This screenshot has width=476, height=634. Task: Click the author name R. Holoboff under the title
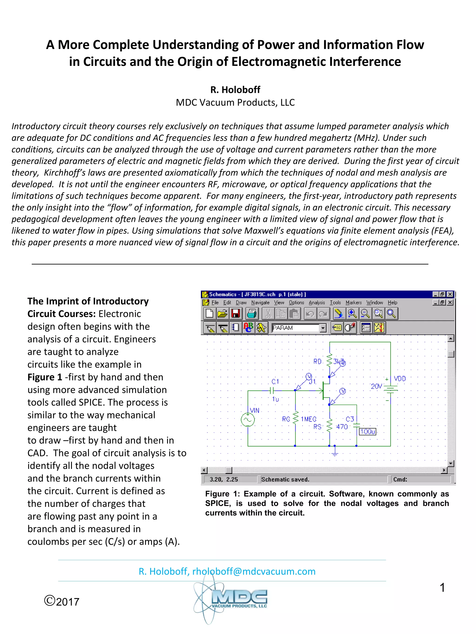[235, 90]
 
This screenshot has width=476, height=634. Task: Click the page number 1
[442, 587]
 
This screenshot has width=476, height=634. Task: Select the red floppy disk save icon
[236, 314]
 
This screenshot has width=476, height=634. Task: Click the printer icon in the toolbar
[252, 314]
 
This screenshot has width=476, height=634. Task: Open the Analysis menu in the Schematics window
[317, 302]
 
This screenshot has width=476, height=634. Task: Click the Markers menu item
[353, 302]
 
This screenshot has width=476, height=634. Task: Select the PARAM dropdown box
[298, 328]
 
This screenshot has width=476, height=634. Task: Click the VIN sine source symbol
[248, 420]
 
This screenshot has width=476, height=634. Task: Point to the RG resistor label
[286, 419]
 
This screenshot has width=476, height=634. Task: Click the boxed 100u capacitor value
[367, 431]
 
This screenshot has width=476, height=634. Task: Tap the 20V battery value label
[376, 386]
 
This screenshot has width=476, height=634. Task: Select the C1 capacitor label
[275, 381]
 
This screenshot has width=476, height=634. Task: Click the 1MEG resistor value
[308, 419]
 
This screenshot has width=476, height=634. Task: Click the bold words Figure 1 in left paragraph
[45, 377]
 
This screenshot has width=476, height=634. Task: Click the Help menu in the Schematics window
[392, 302]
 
